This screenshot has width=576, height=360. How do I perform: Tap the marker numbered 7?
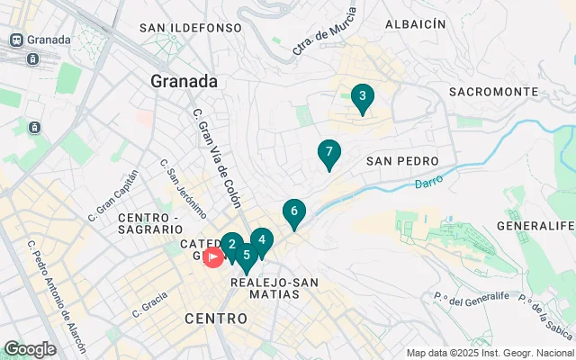point(329,153)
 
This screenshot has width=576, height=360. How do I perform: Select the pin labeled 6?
point(293,212)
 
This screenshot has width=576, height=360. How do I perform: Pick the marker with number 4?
point(261,241)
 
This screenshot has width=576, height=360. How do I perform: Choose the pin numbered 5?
point(246,256)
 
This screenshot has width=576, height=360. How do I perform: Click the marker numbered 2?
point(231,245)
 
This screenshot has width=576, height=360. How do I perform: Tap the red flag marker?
point(213,258)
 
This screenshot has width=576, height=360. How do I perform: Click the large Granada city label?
point(184,81)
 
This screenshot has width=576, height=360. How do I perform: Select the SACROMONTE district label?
point(493,92)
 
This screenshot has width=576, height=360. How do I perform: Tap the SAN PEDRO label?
point(402,161)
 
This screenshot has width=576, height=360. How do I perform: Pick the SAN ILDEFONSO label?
point(191,28)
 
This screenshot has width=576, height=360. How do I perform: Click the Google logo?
point(30,349)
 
